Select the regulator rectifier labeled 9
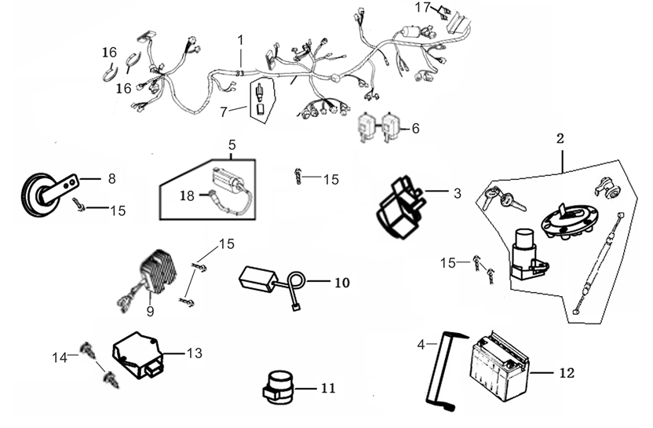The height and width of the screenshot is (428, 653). [x=162, y=267]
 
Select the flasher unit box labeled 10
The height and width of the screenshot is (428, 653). [x=258, y=276]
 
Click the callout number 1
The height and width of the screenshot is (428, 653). [x=240, y=39]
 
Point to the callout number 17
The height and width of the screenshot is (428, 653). [x=423, y=8]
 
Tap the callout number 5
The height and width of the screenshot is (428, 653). [x=232, y=144]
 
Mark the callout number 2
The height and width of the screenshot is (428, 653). [x=560, y=139]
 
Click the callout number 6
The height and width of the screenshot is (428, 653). [x=415, y=127]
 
